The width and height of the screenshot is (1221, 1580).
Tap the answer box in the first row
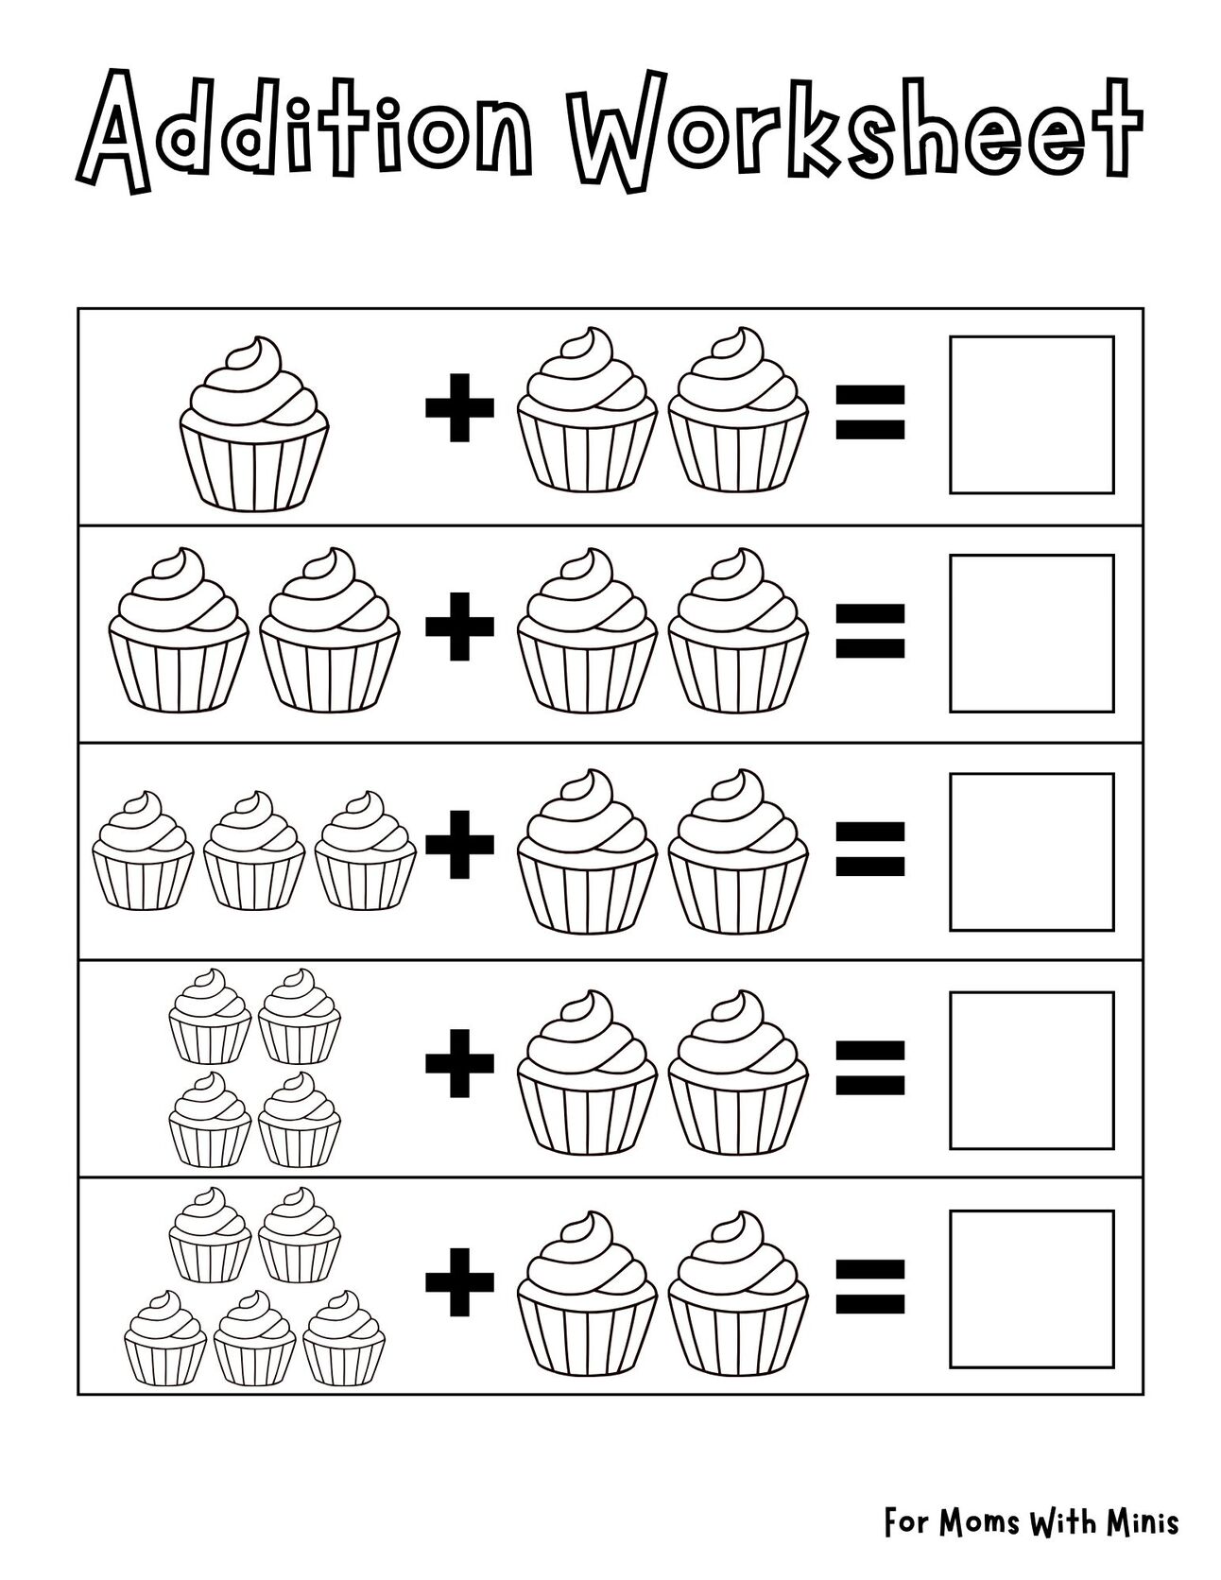[x=1031, y=414]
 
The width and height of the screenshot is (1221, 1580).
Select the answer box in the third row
[x=1031, y=851]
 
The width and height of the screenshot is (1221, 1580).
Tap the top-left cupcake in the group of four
[x=210, y=1016]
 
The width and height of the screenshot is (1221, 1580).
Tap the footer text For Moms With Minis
[x=1031, y=1522]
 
